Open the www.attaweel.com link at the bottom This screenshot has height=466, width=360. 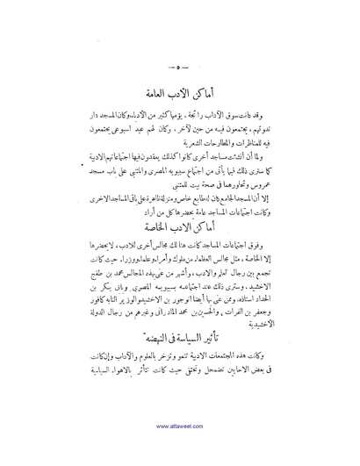point(180,451)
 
